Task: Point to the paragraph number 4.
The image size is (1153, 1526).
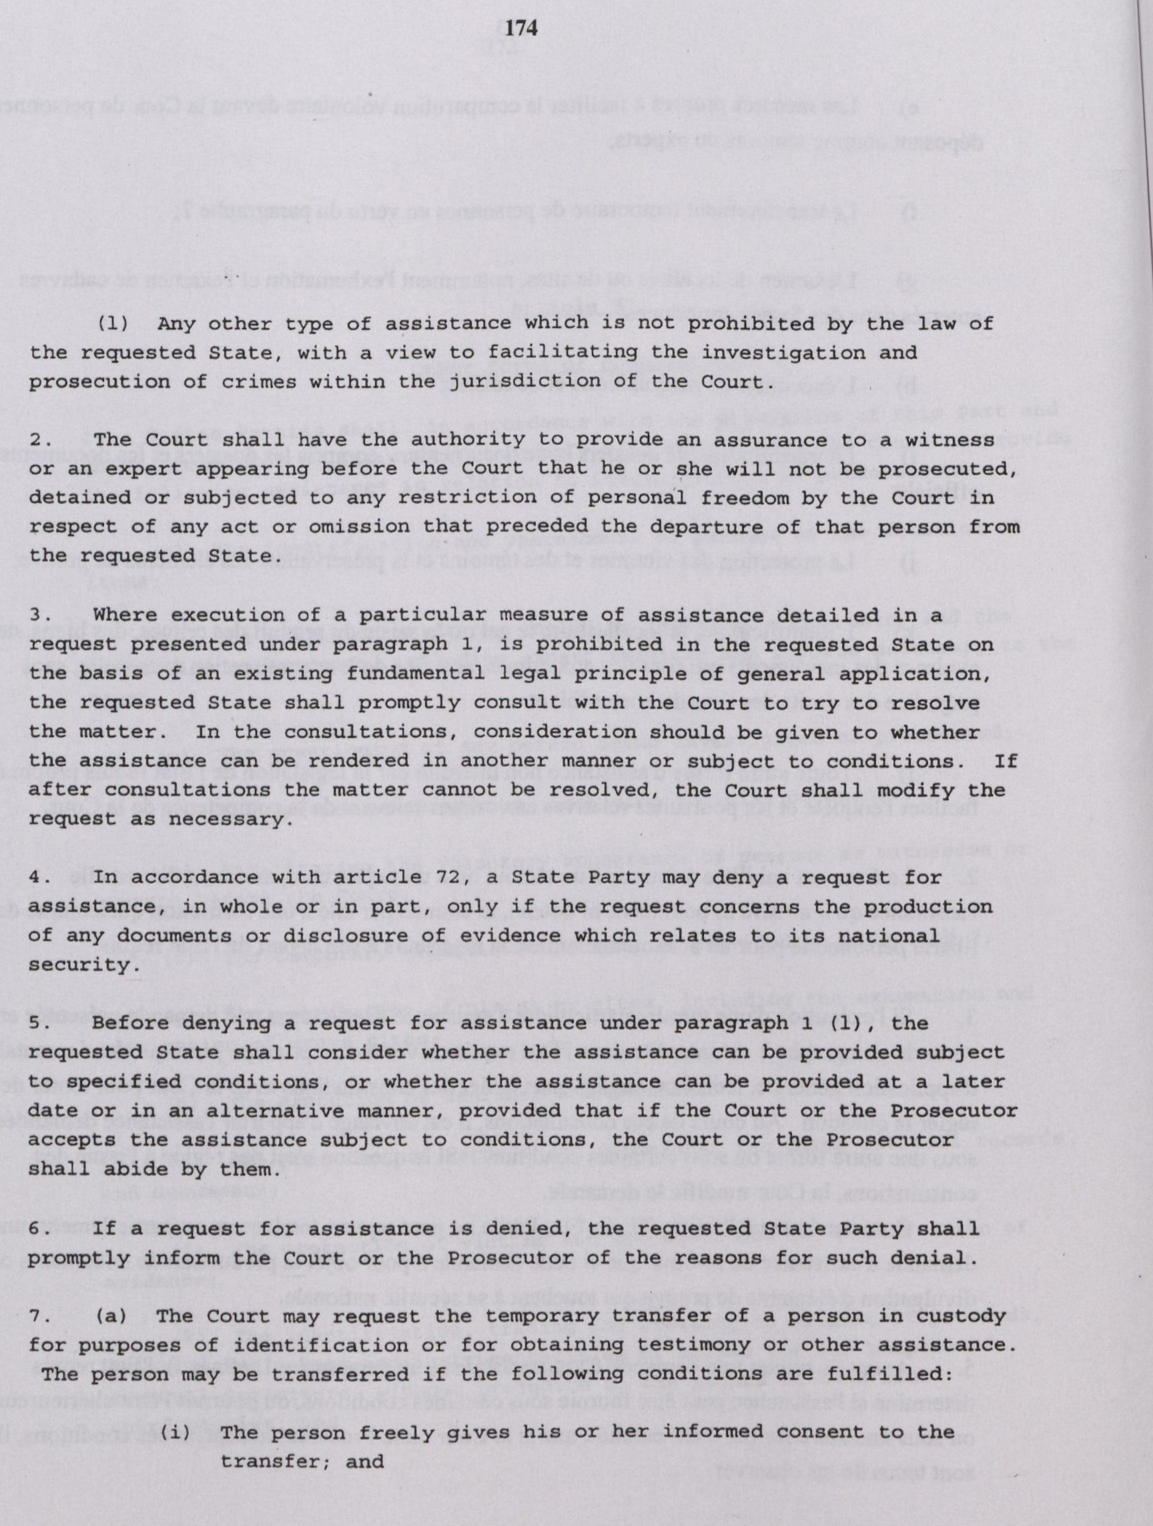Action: [39, 878]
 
